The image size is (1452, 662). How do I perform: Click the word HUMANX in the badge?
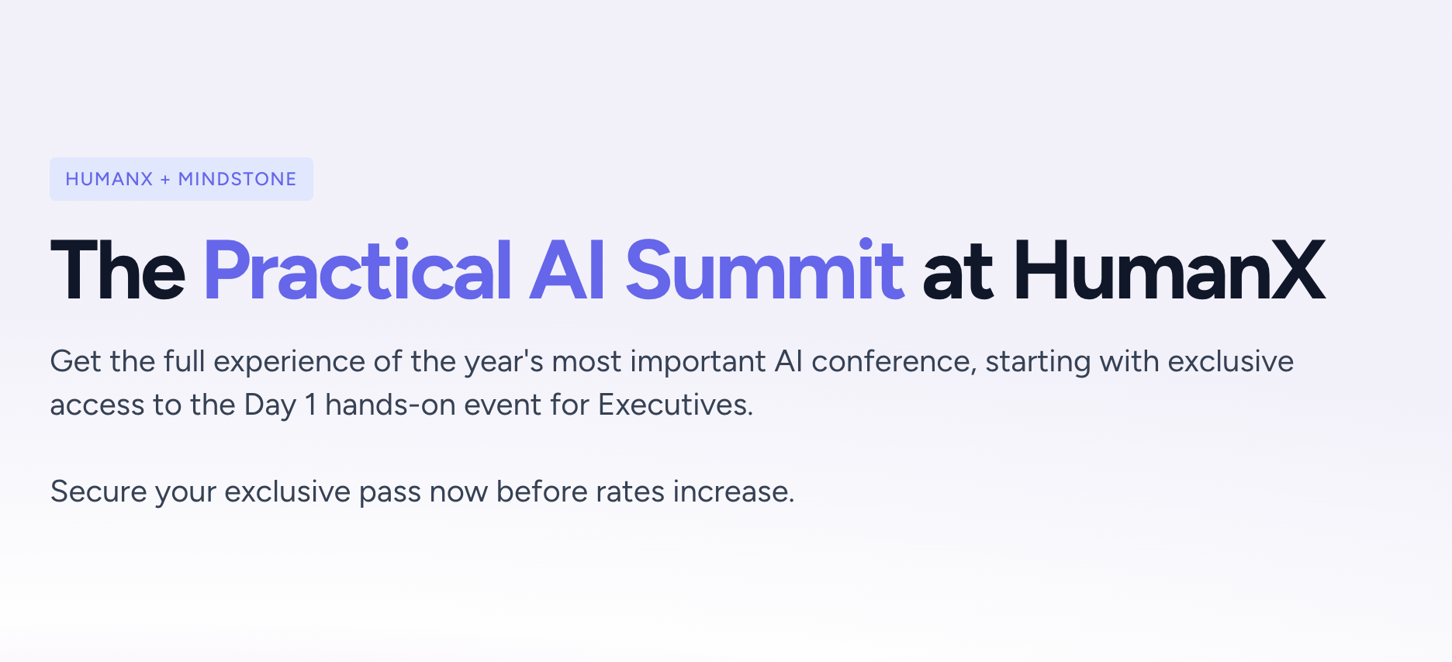[109, 179]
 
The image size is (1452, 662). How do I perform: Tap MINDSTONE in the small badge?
[237, 179]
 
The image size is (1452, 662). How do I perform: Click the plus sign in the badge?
[165, 180]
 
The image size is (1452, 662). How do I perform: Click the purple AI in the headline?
[567, 270]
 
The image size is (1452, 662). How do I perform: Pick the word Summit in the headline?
[765, 270]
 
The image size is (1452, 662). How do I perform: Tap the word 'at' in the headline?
[958, 274]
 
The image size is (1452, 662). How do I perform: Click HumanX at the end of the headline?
[1170, 270]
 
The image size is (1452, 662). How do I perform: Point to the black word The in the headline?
[118, 270]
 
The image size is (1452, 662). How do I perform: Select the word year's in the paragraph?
[504, 362]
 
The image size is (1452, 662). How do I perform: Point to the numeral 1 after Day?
[311, 405]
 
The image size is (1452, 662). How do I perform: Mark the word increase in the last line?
[734, 491]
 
